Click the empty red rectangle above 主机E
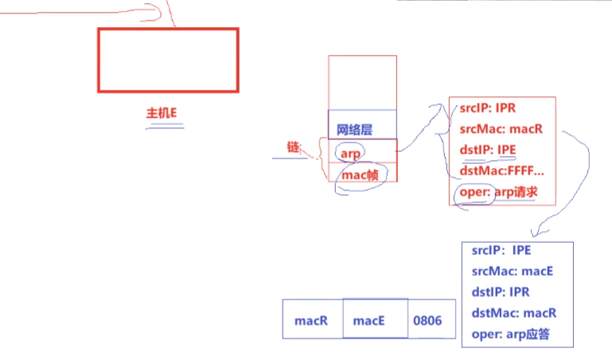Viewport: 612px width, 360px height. pyautogui.click(x=168, y=60)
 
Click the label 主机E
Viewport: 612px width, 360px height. pyautogui.click(x=161, y=114)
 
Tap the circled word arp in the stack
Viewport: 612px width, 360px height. pyautogui.click(x=349, y=151)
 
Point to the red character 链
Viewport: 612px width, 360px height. pyautogui.click(x=294, y=147)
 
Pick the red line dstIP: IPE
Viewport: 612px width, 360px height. pyautogui.click(x=489, y=150)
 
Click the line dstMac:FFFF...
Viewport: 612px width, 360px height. pyautogui.click(x=502, y=170)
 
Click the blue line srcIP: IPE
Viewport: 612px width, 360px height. pyautogui.click(x=501, y=250)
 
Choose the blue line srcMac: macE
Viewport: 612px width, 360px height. pyautogui.click(x=512, y=272)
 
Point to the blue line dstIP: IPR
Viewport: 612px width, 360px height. pyautogui.click(x=501, y=292)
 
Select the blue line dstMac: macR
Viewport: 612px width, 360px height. pyautogui.click(x=513, y=313)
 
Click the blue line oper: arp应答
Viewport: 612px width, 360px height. pyautogui.click(x=510, y=335)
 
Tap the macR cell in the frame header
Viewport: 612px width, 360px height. pyautogui.click(x=312, y=320)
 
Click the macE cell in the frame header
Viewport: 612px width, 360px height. pyautogui.click(x=375, y=320)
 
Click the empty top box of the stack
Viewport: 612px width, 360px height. pyautogui.click(x=362, y=82)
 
